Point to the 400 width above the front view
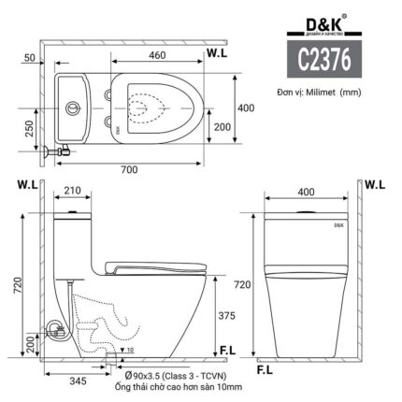306,192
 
